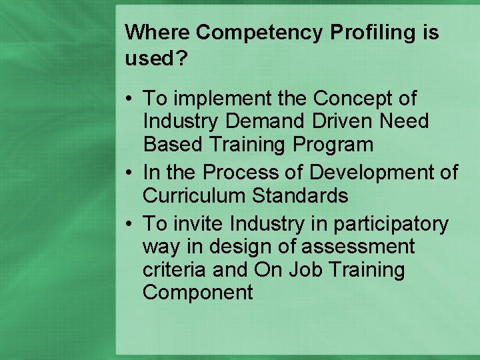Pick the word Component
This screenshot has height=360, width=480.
coord(198,292)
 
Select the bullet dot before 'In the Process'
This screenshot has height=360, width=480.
coord(130,173)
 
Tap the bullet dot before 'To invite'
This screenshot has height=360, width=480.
coord(130,225)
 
